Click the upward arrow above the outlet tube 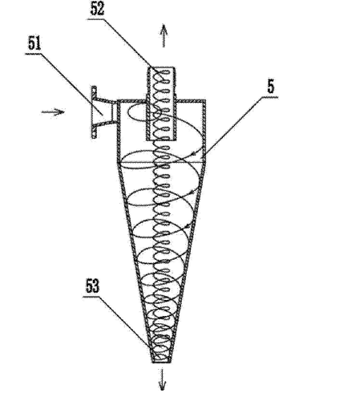coord(164,36)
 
